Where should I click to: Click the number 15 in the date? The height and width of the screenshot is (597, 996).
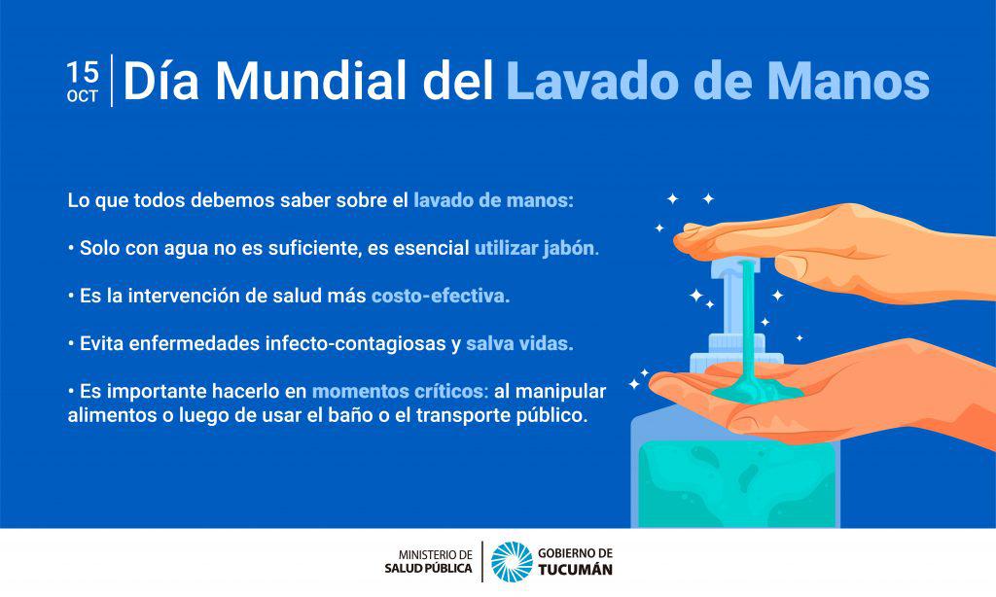[83, 73]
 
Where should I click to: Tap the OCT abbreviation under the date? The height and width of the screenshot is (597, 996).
[83, 96]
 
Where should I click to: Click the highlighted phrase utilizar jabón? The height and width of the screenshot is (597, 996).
[536, 248]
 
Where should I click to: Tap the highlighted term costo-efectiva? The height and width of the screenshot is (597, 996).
[440, 296]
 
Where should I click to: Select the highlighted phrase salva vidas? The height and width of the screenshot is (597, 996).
[519, 344]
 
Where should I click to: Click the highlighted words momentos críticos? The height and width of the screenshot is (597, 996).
[399, 392]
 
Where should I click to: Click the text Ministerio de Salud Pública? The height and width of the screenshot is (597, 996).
[429, 561]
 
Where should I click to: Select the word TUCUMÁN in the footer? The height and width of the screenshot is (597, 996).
[575, 570]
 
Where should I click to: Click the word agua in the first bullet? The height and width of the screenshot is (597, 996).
[183, 248]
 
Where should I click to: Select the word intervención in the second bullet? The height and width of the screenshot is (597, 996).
[177, 296]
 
